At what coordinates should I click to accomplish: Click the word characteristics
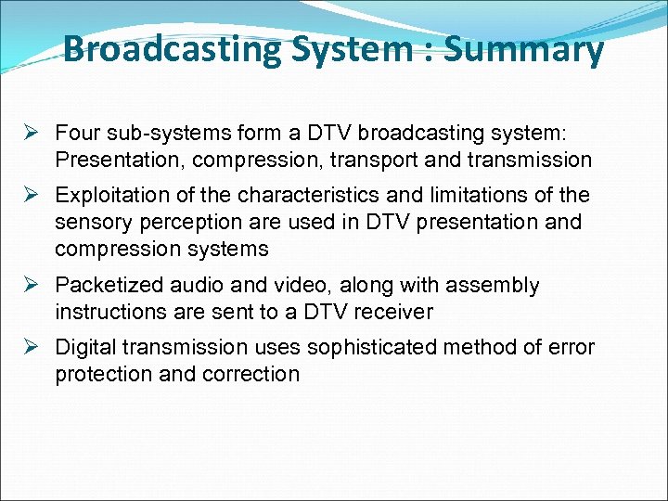coord(315,196)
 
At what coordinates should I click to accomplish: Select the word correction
coord(254,374)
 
